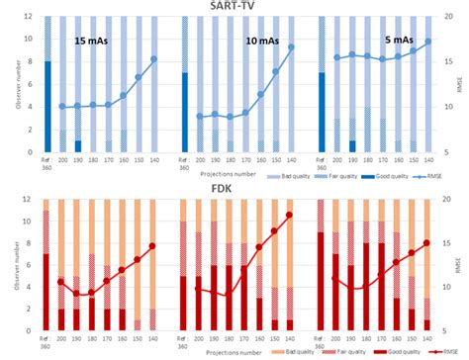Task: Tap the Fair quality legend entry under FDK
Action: click(322, 353)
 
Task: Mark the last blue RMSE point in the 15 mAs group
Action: click(153, 60)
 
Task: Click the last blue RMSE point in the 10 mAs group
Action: click(291, 46)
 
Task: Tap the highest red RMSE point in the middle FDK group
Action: click(290, 215)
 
